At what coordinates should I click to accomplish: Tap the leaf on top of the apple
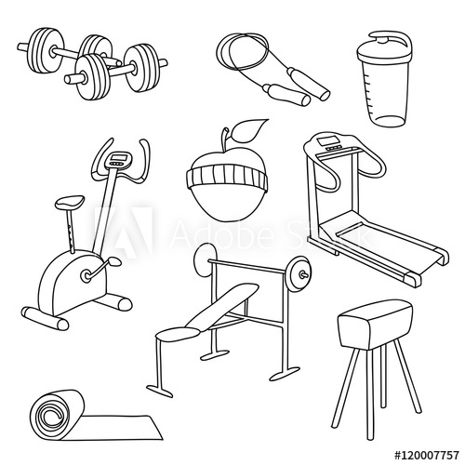(251, 130)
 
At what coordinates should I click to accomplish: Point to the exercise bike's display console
(117, 159)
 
